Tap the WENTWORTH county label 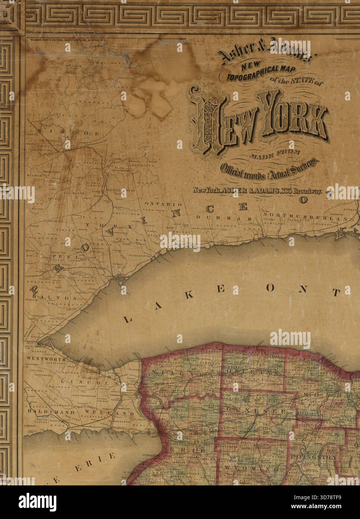point(41,359)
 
